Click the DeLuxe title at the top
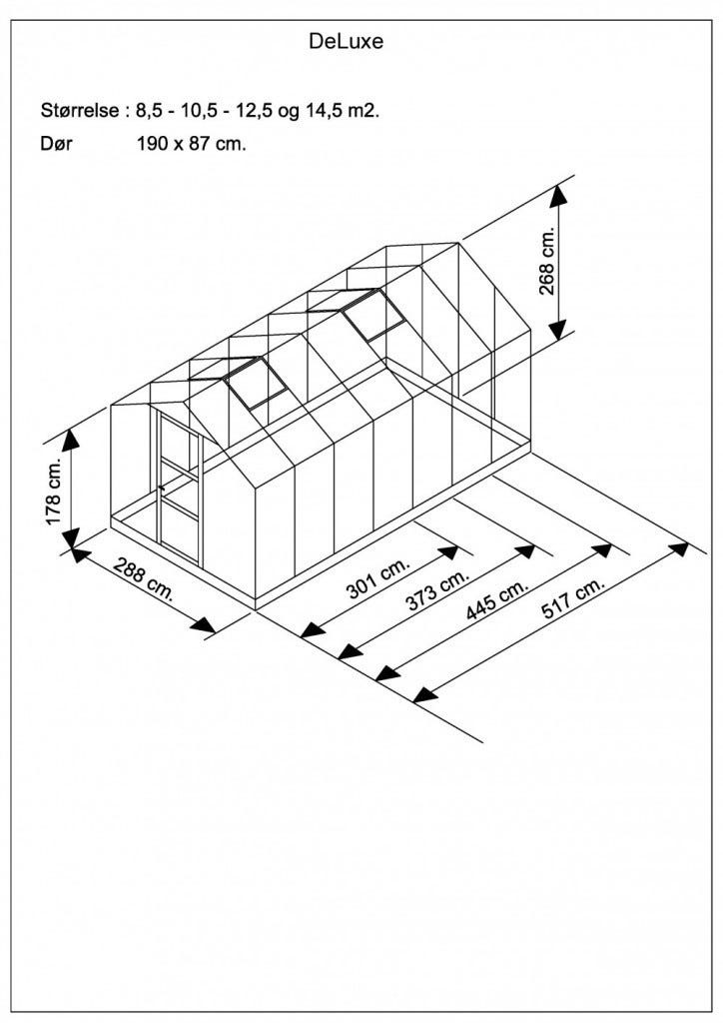[346, 42]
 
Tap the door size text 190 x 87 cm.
[192, 144]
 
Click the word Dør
[56, 144]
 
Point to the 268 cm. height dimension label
[546, 261]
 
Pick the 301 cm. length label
[378, 578]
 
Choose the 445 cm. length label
[496, 599]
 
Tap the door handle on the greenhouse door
[161, 487]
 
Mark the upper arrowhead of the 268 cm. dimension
[557, 197]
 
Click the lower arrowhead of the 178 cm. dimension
[72, 538]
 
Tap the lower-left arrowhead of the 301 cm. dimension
[313, 630]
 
